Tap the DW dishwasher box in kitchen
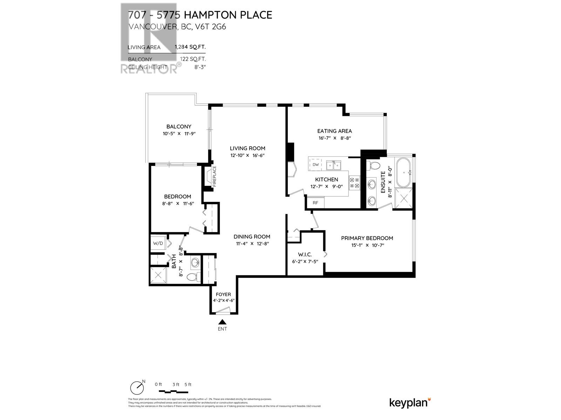click(x=315, y=164)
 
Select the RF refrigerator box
click(x=315, y=203)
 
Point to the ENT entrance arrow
click(x=222, y=322)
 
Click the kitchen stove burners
click(x=354, y=183)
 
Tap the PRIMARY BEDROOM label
click(x=367, y=238)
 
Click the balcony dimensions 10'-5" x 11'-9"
click(x=178, y=134)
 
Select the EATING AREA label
click(x=334, y=131)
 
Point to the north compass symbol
click(x=137, y=387)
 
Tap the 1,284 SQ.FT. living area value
click(x=190, y=47)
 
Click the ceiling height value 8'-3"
click(x=200, y=67)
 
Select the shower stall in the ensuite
click(x=404, y=199)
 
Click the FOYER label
click(x=223, y=294)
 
